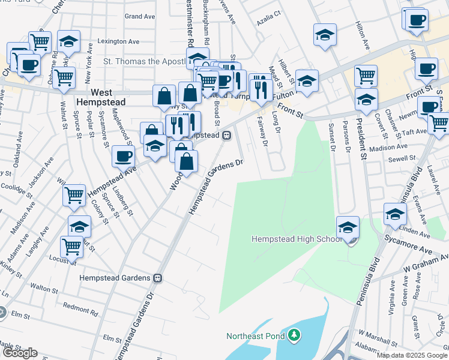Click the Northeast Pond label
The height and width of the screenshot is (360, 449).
(255, 335)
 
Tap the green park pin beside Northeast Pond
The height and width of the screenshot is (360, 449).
(294, 334)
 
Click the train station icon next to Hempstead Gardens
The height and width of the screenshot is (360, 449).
(157, 278)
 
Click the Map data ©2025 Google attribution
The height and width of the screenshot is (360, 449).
(412, 355)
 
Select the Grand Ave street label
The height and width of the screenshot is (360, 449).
(140, 16)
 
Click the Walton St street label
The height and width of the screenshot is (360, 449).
(43, 288)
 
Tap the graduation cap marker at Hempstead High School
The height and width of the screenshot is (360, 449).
(348, 227)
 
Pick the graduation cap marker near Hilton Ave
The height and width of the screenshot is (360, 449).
(325, 34)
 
